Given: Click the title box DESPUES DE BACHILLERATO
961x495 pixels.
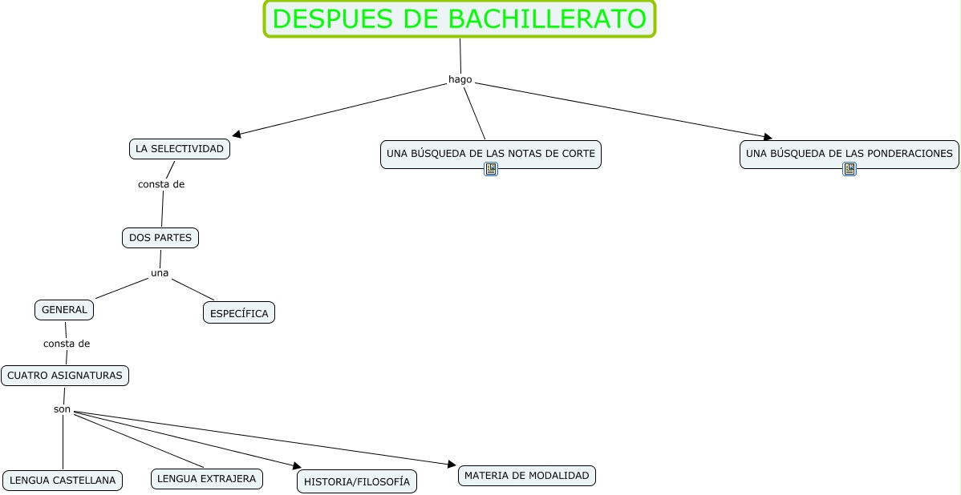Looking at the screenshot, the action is point(460,18).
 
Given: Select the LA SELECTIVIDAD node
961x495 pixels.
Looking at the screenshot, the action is point(180,149).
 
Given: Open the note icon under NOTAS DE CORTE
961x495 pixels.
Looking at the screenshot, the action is point(491,169).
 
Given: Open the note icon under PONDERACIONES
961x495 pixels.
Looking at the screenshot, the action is point(849,169).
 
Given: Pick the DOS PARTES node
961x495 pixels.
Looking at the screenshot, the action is point(160,238).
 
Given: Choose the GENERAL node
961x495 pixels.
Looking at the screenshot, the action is point(64,310).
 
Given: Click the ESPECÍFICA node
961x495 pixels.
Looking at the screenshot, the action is point(239,313).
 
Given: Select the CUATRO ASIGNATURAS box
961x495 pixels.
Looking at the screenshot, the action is point(65,376).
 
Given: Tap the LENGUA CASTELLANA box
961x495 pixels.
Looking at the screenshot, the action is point(63,481).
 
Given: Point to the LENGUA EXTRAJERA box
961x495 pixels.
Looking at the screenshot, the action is point(207,479).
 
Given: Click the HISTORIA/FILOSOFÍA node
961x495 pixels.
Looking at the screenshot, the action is point(357,481).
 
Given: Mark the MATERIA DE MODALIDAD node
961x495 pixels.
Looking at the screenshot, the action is point(526,476).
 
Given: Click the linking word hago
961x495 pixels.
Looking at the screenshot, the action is point(460,79).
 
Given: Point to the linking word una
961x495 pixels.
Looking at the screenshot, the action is point(160,273).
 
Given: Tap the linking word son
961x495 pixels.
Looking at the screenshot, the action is point(63,409).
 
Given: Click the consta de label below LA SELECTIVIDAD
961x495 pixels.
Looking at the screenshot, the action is point(161,184).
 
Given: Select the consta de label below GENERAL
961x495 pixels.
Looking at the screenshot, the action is point(67,344).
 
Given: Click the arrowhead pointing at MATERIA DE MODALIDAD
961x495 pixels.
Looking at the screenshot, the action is point(452,464).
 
